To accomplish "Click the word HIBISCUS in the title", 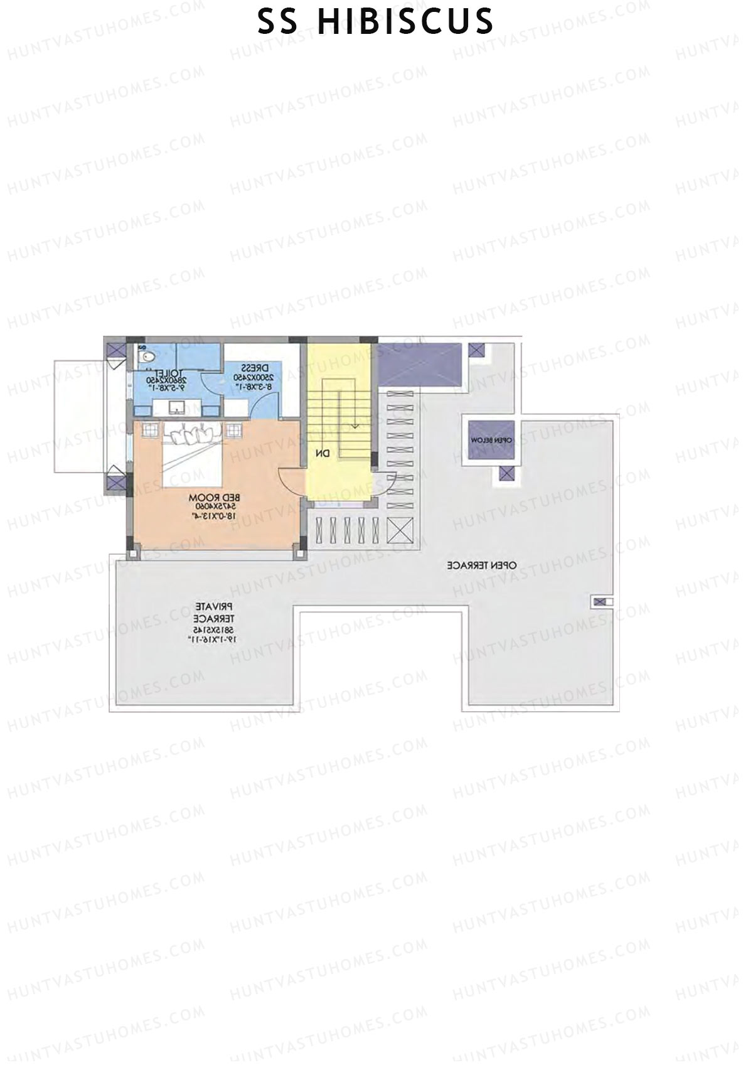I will point(405,22).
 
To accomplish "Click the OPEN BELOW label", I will point(491,441).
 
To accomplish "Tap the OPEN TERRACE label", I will point(482,565).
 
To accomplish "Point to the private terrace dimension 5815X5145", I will point(214,629).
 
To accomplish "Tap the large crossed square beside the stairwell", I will point(400,530).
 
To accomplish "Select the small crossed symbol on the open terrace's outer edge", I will point(600,602).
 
